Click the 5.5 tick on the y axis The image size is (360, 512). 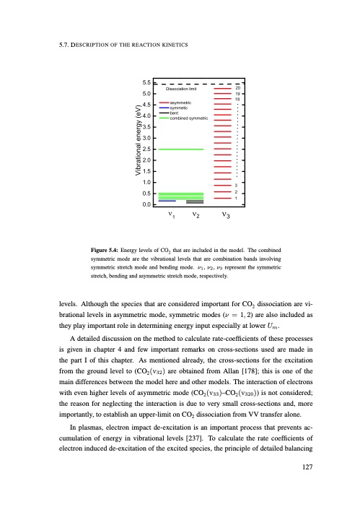pos(146,83)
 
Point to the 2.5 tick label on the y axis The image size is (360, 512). pos(146,149)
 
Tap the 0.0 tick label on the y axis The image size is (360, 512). pos(146,204)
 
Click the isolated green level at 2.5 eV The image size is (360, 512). pos(180,149)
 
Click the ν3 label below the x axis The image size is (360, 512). pos(226,215)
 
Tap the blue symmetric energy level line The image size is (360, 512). pos(167,200)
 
